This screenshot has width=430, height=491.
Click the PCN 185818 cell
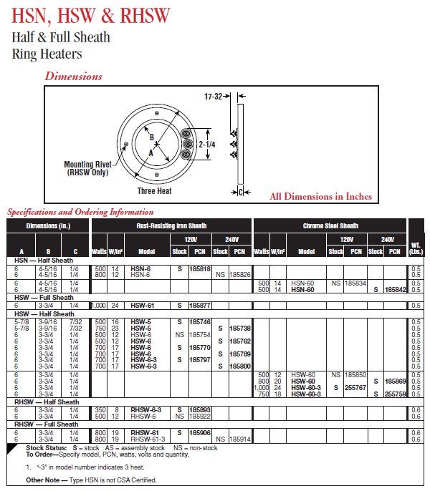coord(200,268)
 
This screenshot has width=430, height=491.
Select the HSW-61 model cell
coord(143,306)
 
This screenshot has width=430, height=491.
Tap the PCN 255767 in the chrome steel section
coord(355,387)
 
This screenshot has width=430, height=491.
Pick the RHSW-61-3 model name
coord(148,439)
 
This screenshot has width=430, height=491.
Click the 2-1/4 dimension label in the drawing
coord(207,145)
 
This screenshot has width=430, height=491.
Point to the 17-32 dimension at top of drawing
coord(213,97)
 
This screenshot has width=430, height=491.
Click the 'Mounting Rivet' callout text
coord(87,165)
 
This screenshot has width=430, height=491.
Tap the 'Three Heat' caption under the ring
coord(155,190)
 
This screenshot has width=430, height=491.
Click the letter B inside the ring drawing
coord(152,137)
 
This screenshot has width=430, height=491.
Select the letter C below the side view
coord(241,192)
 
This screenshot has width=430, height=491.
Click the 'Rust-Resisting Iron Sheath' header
coord(171,225)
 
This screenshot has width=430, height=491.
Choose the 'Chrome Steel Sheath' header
coord(330,225)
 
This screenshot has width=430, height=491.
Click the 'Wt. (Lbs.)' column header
coord(416,248)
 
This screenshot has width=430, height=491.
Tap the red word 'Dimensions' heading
coord(73,76)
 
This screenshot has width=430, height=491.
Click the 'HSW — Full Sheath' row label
coord(44,298)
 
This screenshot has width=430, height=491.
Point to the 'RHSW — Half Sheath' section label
coord(47,402)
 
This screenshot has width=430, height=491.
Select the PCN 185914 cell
coord(240,439)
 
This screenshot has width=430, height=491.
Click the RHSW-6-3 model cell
coord(146,409)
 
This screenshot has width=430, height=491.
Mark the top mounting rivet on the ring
coord(157,113)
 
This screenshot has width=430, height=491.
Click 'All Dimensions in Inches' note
coord(321,196)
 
